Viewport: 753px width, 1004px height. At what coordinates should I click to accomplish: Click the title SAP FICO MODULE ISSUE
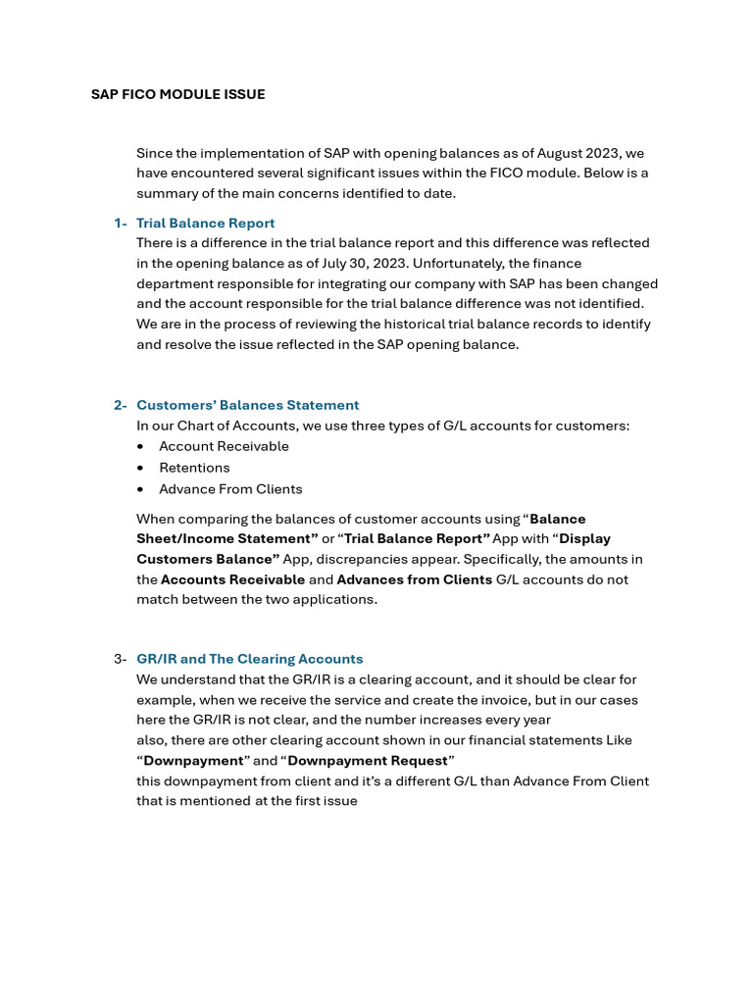(177, 94)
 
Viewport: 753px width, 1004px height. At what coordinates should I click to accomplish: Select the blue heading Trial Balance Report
(205, 223)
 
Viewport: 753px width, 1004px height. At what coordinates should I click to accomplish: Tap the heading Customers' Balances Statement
(247, 405)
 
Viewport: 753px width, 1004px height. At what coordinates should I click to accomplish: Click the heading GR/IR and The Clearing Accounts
(249, 659)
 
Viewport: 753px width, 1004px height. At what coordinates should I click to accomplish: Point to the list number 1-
(121, 223)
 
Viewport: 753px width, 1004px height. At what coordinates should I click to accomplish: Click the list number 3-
(121, 659)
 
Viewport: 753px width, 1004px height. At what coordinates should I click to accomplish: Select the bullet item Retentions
(194, 468)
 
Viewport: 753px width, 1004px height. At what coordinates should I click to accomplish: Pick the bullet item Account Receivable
(224, 446)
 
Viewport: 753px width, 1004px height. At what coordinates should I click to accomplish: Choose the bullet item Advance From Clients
(230, 489)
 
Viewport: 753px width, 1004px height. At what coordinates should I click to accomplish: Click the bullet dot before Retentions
(141, 468)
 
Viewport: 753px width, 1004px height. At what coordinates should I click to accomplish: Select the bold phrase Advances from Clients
(414, 579)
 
